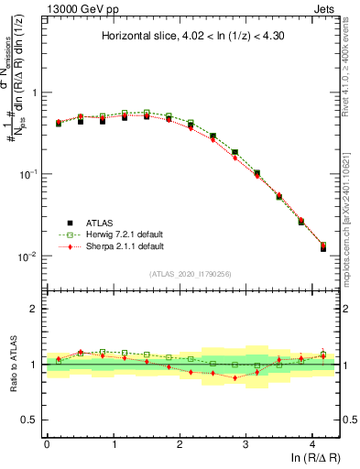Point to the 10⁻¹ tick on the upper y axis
point(30,174)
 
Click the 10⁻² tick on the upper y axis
point(30,256)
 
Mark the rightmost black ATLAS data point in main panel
point(322,247)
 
